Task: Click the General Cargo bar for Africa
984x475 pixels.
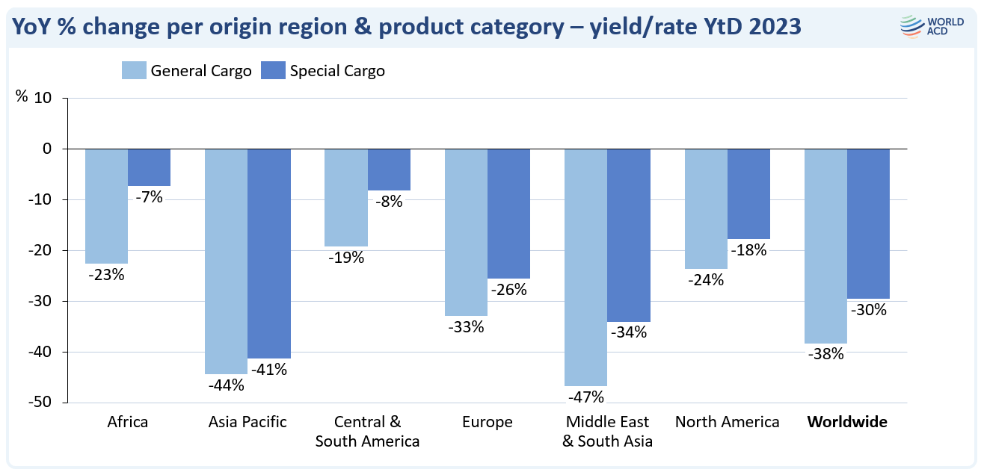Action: pos(106,206)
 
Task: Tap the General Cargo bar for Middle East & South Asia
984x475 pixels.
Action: pos(585,267)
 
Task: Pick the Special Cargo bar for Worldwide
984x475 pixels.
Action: pos(868,223)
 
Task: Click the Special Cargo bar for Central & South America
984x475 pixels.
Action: pos(389,170)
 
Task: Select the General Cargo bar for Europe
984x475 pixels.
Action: pos(466,232)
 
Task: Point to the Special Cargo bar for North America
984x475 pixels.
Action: pos(748,193)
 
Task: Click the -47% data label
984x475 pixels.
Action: pos(585,397)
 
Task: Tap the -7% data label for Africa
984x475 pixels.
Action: pos(149,197)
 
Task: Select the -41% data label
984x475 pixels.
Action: pos(269,369)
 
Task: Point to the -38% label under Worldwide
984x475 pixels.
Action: pos(825,355)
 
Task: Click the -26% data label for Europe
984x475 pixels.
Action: pos(508,290)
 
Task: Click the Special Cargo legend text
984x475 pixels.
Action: pos(337,72)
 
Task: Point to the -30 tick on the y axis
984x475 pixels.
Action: pos(49,301)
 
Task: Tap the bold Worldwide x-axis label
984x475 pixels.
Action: pos(846,422)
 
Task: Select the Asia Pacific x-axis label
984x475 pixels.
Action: pos(247,422)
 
